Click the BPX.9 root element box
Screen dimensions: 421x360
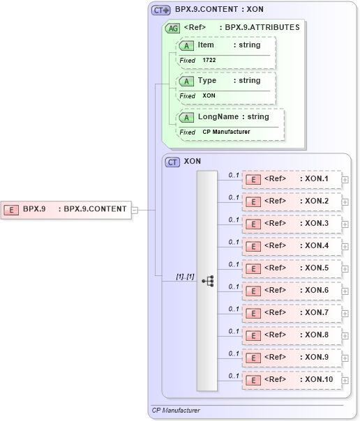tap(66, 208)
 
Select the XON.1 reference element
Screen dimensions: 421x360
tap(292, 179)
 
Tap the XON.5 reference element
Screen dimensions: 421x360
tap(292, 268)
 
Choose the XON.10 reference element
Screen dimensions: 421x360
tap(292, 380)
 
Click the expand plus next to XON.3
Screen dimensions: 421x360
tap(345, 224)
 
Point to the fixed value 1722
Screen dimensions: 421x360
tap(209, 61)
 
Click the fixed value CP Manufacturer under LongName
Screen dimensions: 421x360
tap(226, 132)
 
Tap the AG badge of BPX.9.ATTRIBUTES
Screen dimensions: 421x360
tap(172, 29)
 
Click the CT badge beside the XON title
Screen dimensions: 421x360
tap(172, 162)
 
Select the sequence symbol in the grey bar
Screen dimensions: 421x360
tap(207, 280)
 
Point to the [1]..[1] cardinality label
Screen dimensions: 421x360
tap(185, 277)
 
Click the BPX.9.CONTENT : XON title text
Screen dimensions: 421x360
tap(219, 10)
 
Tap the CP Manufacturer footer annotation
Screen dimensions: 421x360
tap(176, 411)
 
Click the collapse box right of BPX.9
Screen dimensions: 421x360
tap(135, 209)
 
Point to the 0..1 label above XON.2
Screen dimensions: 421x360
tap(234, 197)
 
